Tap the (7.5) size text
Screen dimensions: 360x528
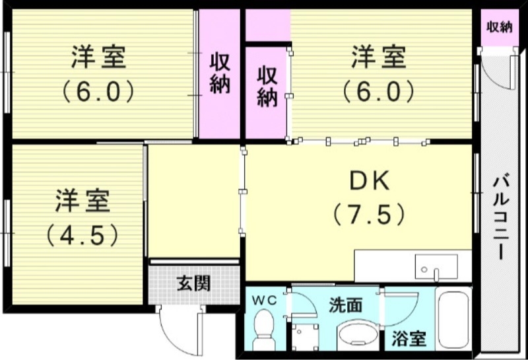tap(367, 214)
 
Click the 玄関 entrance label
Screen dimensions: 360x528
tap(193, 285)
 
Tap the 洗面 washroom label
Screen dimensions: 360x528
tap(346, 305)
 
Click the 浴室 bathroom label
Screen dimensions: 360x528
tap(409, 340)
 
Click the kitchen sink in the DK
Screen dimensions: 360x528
tap(435, 266)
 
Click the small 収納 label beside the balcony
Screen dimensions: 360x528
tap(499, 27)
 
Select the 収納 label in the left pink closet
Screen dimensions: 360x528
tap(220, 74)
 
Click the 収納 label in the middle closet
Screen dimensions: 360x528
tap(267, 87)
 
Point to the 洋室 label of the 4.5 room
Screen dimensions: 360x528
tap(82, 201)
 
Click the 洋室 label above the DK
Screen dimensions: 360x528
tap(378, 58)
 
